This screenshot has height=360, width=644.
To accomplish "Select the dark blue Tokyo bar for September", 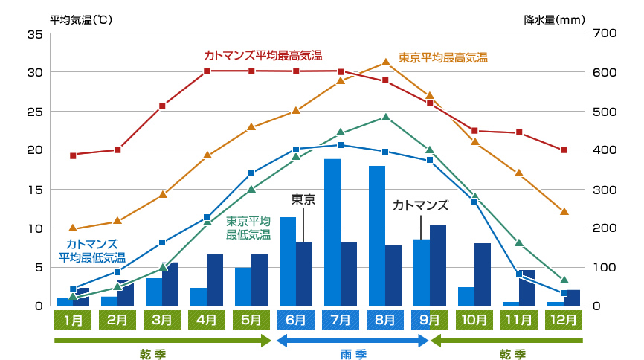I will point(438,265).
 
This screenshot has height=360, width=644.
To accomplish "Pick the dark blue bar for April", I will point(215,280).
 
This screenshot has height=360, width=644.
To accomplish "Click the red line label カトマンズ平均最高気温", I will point(263,55).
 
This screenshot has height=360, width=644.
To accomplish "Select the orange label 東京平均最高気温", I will point(443,57).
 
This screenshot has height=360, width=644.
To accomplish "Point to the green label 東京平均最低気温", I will point(248,227).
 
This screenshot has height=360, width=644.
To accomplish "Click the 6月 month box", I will point(295,321).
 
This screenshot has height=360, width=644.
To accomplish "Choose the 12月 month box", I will point(563,321).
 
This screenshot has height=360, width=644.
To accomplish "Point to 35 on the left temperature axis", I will point(34,34).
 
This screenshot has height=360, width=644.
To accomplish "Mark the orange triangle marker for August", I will point(385,62).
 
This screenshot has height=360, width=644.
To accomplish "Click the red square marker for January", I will point(73,155).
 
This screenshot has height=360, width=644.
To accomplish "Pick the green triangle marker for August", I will point(385,117).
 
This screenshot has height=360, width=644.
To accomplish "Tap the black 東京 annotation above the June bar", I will point(303,199).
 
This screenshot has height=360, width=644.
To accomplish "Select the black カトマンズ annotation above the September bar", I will point(421,205).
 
